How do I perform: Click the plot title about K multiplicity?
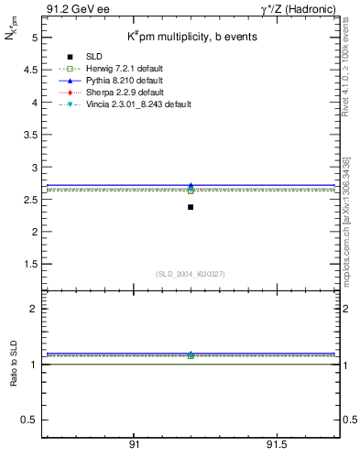(186, 37)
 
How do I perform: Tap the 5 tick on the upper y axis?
(33, 38)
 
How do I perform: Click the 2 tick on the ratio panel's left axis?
(33, 309)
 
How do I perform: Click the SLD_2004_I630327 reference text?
(191, 274)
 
